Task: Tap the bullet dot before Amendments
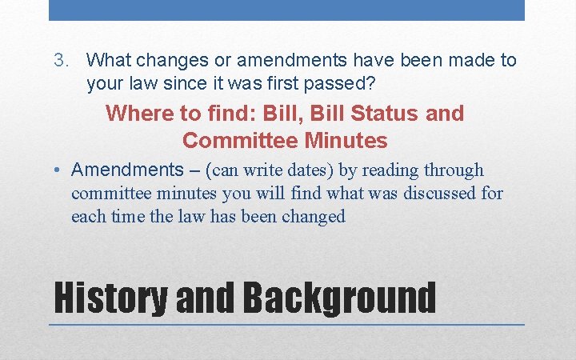click(60, 170)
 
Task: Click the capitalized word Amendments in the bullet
click(127, 170)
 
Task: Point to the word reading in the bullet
click(388, 170)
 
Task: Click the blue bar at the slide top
click(286, 10)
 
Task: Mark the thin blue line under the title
click(286, 325)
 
